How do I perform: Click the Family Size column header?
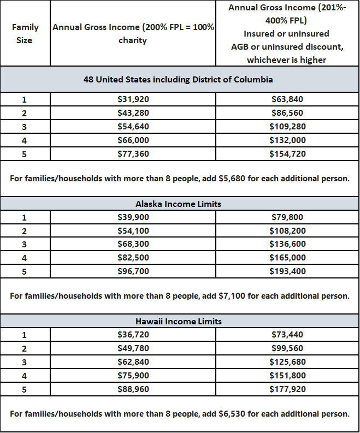click(x=25, y=34)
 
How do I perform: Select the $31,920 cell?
click(x=133, y=99)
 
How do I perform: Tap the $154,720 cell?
click(x=287, y=154)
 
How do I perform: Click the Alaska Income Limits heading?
click(x=178, y=204)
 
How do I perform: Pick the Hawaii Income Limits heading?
click(x=178, y=321)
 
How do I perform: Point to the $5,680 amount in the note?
click(x=235, y=179)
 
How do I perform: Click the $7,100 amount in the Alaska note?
click(x=235, y=296)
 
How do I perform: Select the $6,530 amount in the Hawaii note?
click(x=235, y=413)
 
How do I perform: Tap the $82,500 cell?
click(x=133, y=258)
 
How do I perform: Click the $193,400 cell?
click(x=287, y=271)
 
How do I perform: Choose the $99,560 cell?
click(x=287, y=348)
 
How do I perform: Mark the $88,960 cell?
click(x=133, y=389)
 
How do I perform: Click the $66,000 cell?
click(x=133, y=140)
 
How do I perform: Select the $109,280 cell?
click(x=287, y=127)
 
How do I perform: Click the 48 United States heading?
click(x=178, y=79)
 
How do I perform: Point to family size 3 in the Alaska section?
click(x=25, y=244)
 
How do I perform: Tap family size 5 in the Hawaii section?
click(x=25, y=389)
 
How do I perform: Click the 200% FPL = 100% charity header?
click(x=133, y=34)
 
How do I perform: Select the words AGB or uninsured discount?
click(x=287, y=46)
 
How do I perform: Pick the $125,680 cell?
click(x=287, y=362)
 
